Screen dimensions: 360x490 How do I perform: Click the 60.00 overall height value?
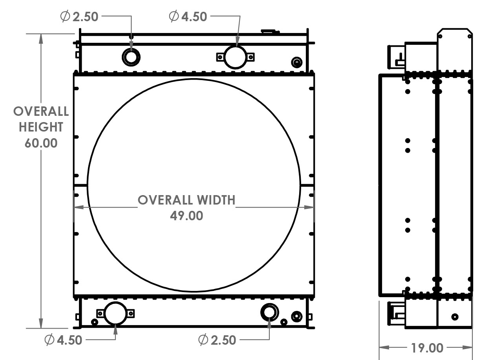[41, 143]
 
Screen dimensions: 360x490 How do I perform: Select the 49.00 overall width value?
[186, 216]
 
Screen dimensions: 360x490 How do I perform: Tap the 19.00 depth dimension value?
[427, 348]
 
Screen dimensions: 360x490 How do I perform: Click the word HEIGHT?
[41, 127]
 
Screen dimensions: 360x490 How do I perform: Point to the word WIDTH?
[216, 200]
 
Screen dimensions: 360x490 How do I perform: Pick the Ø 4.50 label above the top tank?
[188, 16]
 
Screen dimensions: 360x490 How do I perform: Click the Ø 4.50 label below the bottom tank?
[64, 340]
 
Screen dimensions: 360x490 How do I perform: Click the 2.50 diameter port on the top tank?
[131, 57]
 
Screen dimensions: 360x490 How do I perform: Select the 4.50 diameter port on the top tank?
[235, 57]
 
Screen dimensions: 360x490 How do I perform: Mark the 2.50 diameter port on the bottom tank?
[269, 312]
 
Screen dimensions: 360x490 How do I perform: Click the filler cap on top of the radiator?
[270, 31]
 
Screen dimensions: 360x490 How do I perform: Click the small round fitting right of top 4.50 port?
[297, 62]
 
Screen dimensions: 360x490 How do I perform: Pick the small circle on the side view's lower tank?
[455, 316]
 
